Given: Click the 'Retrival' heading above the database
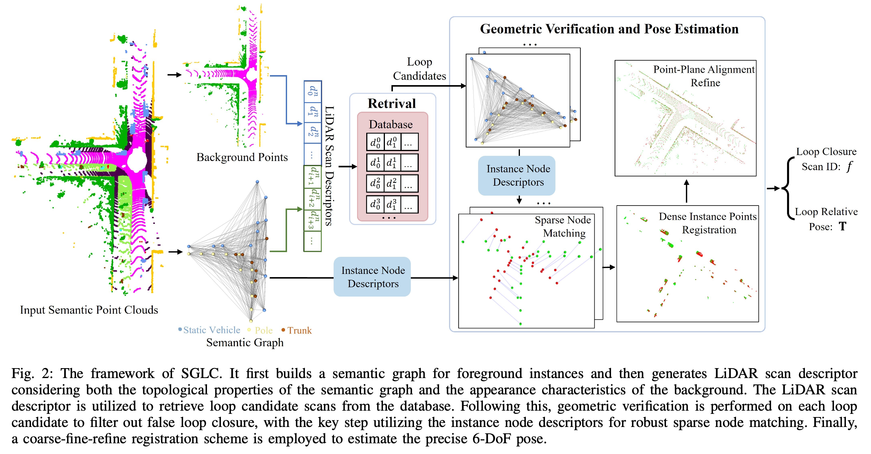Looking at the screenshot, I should [x=392, y=104].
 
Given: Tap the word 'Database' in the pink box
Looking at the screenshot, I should [x=391, y=124].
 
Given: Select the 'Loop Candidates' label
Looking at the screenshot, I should [x=420, y=69].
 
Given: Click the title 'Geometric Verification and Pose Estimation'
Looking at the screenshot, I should [x=609, y=29].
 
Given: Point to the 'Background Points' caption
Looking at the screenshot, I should [x=242, y=157].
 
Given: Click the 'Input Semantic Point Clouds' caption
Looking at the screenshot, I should [x=89, y=310].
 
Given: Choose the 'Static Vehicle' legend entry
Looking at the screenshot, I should [x=211, y=330].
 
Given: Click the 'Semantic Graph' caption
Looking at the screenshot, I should [x=245, y=343].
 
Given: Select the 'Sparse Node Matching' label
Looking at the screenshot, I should [x=564, y=227].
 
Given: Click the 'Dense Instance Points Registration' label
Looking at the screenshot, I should [x=708, y=223].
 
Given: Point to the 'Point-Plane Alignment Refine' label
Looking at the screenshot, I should [x=704, y=76].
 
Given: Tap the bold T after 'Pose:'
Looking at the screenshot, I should [x=842, y=227].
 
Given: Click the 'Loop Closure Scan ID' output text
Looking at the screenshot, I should [x=826, y=159].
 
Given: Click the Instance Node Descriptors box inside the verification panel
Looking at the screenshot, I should [x=518, y=175].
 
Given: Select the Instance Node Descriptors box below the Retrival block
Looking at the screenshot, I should [x=373, y=277].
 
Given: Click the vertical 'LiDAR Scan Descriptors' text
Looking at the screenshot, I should [x=329, y=166].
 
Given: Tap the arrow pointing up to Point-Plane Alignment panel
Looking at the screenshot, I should [x=686, y=191].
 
